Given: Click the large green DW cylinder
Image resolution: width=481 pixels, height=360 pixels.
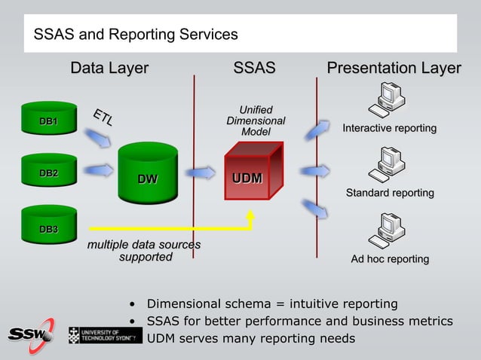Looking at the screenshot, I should click(148, 174).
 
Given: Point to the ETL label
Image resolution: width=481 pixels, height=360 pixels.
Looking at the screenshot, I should click(103, 117).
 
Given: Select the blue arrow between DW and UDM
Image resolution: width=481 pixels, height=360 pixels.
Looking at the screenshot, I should click(201, 174).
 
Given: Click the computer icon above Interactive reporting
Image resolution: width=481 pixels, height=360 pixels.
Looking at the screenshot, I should click(391, 99).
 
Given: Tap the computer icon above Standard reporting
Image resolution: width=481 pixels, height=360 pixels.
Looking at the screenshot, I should click(391, 162).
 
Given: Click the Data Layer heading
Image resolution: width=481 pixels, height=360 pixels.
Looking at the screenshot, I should click(109, 69).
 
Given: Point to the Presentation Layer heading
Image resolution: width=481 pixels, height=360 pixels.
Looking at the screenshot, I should click(394, 69).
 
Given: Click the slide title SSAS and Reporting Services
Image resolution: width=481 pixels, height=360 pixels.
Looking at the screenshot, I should click(136, 35).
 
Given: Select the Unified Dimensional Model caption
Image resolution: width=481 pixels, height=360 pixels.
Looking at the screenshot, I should click(256, 121).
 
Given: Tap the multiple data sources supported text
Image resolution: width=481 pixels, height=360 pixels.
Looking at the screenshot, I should click(144, 251).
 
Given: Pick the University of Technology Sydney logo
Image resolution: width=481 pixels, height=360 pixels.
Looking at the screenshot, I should click(105, 335).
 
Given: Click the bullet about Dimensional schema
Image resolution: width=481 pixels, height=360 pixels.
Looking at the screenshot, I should click(271, 304).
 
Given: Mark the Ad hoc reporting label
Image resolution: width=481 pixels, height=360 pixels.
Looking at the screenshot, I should click(390, 259).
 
